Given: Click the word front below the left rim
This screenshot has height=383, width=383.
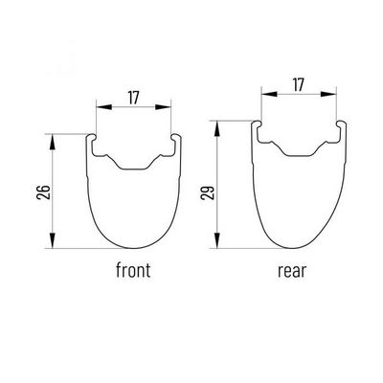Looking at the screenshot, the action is tap(133, 270).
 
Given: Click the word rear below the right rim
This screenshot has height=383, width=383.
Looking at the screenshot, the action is tap(292, 271).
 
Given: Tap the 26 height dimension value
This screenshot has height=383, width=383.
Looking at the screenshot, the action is tap(44, 191).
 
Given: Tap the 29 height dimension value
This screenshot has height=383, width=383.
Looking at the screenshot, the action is tap(208, 193).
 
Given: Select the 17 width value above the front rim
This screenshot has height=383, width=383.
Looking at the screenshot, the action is tap(133, 98).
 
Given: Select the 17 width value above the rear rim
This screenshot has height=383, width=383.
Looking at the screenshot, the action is tap(298, 85).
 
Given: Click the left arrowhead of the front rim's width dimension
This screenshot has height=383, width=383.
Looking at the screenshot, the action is tap(104, 107).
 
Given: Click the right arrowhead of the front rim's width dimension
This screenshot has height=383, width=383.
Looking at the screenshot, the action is tap(163, 107).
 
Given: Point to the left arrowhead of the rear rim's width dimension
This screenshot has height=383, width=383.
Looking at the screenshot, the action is tap(269, 94).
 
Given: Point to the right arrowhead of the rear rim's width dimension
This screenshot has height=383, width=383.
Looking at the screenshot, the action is tap(328, 94).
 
